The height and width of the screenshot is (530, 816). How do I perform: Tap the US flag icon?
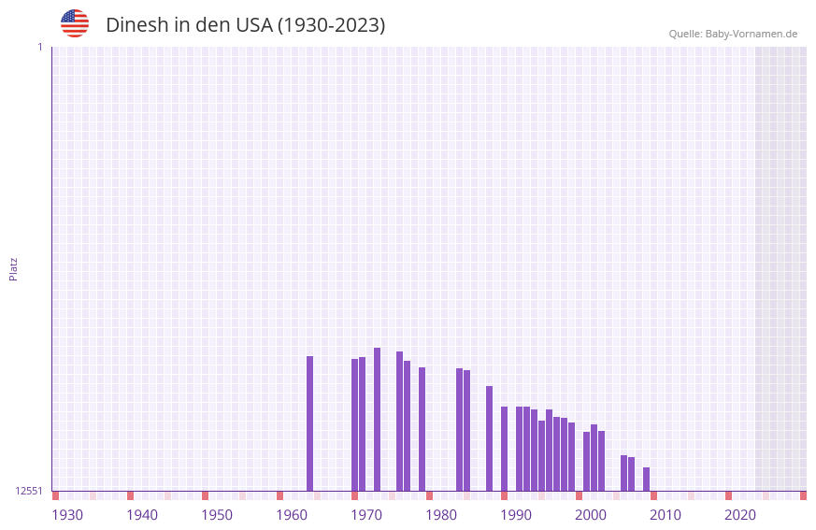pos(75,23)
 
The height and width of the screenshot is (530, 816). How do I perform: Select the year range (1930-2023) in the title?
pos(331,25)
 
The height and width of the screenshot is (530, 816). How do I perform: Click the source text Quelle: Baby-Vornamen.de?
pos(733,34)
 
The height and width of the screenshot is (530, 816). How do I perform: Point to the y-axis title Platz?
pos(13,268)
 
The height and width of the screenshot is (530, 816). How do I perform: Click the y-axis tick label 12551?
pos(29,491)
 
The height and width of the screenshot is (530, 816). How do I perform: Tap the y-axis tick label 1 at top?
pos(39,47)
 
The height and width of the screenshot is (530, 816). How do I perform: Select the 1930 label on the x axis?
pos(67,515)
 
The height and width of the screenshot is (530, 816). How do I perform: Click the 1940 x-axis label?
pos(142,515)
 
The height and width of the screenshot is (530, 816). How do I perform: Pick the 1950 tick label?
pos(217,515)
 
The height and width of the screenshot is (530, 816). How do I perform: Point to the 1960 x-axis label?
pos(292,515)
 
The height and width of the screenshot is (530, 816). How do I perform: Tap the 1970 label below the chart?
pos(366,515)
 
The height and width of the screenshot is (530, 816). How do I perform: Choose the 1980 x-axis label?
pos(441,515)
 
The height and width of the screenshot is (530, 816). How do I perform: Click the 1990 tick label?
pos(516,515)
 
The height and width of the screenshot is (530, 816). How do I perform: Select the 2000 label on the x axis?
pos(591,515)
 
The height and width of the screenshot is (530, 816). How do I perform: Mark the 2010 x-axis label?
pos(666,515)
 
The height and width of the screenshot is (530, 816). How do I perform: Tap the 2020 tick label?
pos(740,515)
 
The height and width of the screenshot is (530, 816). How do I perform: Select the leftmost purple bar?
pos(309,423)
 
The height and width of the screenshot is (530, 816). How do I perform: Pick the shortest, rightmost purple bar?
pos(646,479)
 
